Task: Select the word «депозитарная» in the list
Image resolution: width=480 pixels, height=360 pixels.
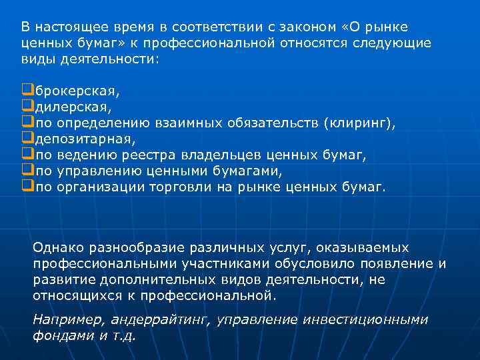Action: (x=76, y=139)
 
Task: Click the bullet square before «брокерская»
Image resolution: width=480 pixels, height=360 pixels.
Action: (x=27, y=89)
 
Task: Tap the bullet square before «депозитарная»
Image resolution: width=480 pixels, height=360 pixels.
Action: (x=27, y=138)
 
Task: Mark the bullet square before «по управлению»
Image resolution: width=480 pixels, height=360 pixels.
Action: (x=27, y=171)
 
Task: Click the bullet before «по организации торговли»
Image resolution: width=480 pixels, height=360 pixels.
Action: (x=27, y=187)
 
